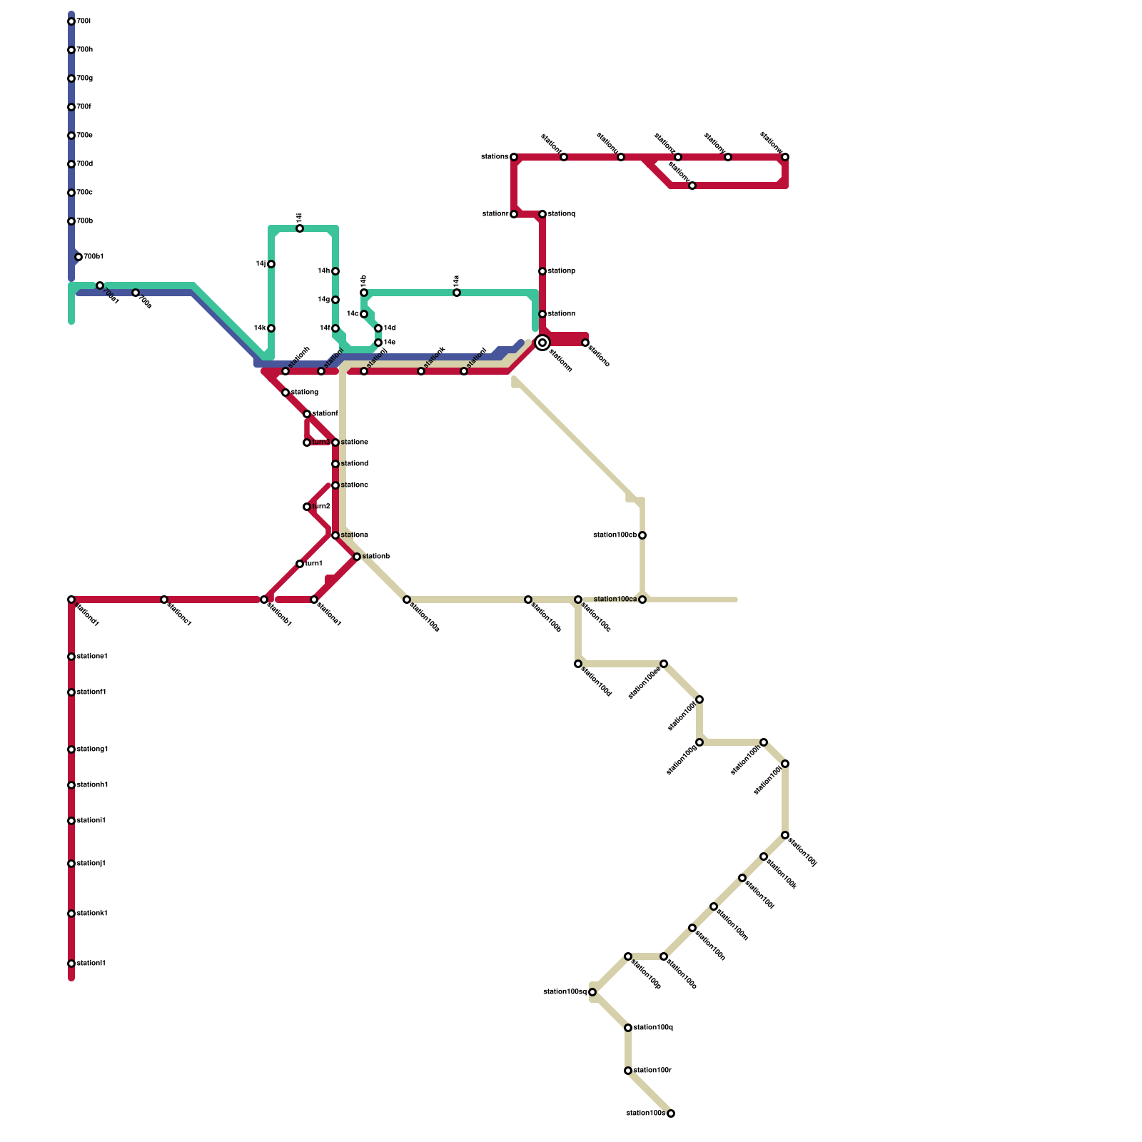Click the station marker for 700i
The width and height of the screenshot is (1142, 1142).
coord(71,21)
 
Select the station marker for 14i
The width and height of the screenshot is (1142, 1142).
coord(300,228)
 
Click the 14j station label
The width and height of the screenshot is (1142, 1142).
coord(261,264)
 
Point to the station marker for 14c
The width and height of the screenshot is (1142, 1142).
coord(364,314)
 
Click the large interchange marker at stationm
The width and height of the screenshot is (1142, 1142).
coord(542,343)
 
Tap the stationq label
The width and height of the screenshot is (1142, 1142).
coord(562,214)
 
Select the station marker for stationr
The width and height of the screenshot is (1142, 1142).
coord(514,214)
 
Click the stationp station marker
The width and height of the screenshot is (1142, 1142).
coord(542,271)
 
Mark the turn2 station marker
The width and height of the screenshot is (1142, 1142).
coord(307,507)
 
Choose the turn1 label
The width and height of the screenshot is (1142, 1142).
coord(314,564)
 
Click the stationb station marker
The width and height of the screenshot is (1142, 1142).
coord(357,557)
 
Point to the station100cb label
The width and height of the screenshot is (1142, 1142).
coord(615,535)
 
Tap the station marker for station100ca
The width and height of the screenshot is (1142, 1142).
coord(642,600)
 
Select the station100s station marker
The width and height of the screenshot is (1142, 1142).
coord(671,1113)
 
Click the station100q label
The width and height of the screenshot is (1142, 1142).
coord(653,1028)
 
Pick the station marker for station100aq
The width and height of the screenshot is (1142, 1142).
coord(592,992)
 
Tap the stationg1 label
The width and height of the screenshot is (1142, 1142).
coord(92,749)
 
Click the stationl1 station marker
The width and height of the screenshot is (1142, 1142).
coord(71,964)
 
